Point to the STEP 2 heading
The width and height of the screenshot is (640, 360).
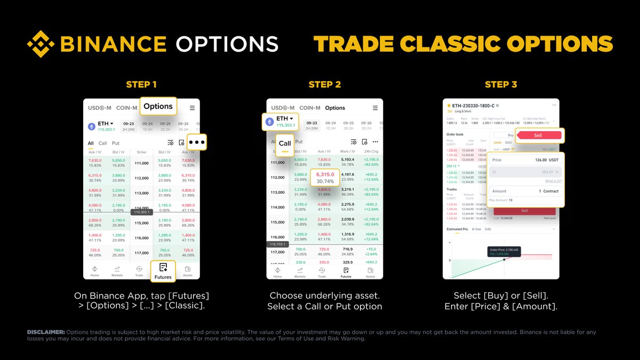coord(324,84)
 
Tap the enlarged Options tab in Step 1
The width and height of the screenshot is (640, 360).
coord(158,106)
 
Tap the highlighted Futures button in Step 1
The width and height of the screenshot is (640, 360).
coord(163,271)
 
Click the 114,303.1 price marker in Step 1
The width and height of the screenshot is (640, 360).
coord(141,212)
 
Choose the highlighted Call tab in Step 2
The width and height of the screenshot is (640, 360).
coord(285,143)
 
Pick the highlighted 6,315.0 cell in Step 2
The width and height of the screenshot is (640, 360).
coord(325,178)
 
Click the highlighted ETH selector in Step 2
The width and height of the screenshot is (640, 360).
coord(281,121)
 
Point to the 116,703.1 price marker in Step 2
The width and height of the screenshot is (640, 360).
coord(277,244)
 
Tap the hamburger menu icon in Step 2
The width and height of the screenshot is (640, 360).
coord(375,108)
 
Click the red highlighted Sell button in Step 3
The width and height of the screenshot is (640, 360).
coord(538,135)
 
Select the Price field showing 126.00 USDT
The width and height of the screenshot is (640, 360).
coord(525,160)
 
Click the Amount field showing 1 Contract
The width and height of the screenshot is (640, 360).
coord(525,191)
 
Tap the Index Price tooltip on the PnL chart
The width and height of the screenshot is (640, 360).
coord(504,251)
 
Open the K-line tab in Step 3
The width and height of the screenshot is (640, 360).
coord(476,229)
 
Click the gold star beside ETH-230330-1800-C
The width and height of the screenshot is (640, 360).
coord(449,106)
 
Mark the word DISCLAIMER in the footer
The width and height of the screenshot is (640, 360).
coord(46,332)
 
